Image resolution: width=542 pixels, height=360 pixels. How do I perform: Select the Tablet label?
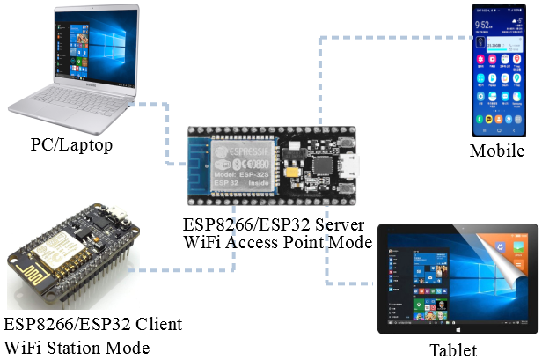pos(452,349)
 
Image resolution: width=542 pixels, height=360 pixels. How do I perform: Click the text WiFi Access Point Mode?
pos(278,242)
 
